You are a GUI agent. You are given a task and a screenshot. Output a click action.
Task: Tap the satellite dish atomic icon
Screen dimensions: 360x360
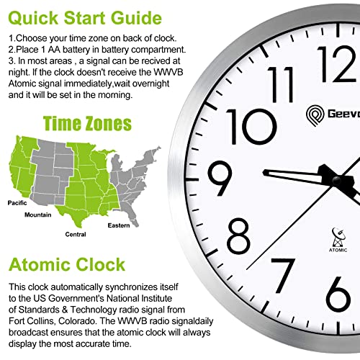tap(339, 235)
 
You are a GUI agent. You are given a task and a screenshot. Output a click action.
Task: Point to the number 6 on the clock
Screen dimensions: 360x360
tap(343, 291)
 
